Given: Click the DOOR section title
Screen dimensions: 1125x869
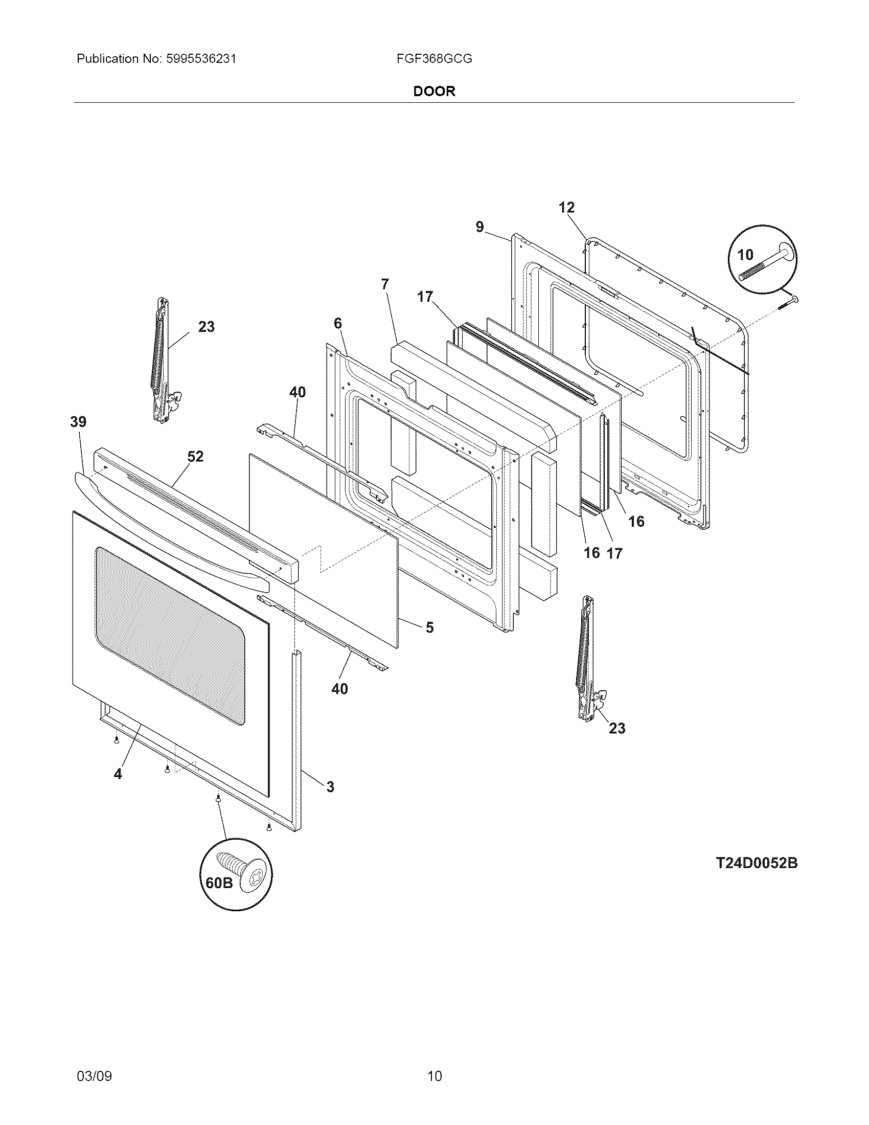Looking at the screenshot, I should pos(434,92).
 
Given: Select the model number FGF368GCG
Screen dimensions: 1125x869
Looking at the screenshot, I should pos(434,59).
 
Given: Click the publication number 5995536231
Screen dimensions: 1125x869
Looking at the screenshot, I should pos(201,59).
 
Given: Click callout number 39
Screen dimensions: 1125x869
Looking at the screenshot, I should pos(78,422).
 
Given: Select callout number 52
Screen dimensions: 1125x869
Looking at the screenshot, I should pos(196,456).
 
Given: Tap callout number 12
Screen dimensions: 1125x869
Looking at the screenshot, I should pos(566,208).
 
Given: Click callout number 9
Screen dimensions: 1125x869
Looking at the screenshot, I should pos(479,227).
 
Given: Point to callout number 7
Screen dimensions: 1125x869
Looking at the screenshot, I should pos(385,284).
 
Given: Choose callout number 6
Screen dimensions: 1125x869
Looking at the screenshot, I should pos(337,324).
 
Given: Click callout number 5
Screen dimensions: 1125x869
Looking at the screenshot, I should pos(429,627).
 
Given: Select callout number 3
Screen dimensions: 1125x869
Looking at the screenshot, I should pos(330,786).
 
